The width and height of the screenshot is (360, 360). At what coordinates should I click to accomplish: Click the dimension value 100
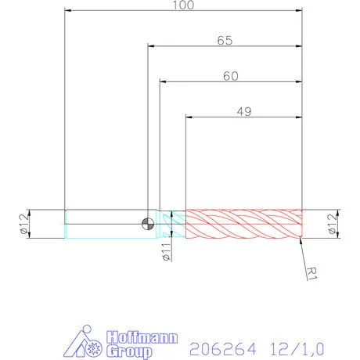coord(184,5)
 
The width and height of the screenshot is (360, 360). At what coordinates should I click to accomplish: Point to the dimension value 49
coord(243,112)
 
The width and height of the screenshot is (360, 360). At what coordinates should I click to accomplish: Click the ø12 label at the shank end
coord(23,224)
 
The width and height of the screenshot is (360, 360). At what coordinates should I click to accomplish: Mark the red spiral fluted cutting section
coord(243,224)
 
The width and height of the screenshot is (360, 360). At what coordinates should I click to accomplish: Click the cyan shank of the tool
coord(102,224)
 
